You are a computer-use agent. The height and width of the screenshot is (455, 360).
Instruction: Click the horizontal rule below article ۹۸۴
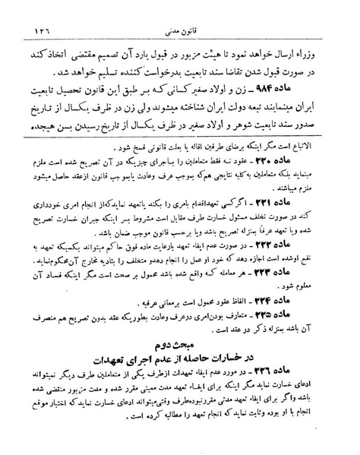point(180,137)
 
